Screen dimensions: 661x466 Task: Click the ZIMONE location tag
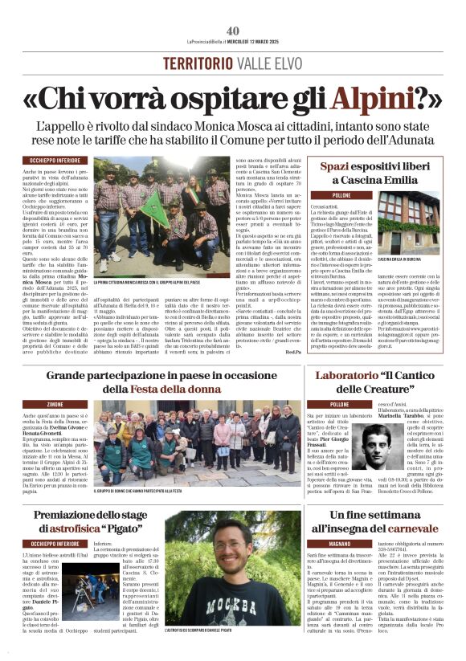55,404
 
